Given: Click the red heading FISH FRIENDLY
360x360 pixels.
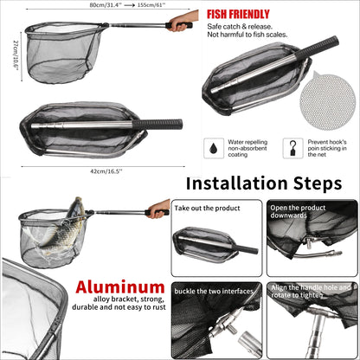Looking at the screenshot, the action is point(238,14).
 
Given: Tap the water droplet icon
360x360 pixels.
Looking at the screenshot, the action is point(214,148).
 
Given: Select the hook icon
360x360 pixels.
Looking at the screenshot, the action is point(292,148).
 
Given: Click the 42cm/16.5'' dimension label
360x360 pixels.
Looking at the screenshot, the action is point(106,171).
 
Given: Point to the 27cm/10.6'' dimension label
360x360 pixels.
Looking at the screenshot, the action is point(16,54).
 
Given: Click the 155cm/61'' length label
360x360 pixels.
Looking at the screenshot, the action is point(151,5).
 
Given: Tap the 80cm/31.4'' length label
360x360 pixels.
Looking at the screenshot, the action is point(106,5).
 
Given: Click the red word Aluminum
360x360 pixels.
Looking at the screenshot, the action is point(120,287).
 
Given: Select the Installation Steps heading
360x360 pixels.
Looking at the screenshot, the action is point(264,183).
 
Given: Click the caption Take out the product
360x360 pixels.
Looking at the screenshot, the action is point(207,208).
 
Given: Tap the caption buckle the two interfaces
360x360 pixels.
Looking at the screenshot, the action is point(214,291).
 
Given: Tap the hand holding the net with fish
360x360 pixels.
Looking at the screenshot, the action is point(159,209).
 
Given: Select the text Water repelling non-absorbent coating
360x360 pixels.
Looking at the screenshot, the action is point(247,148).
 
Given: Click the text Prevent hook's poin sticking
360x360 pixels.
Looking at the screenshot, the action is point(327,148).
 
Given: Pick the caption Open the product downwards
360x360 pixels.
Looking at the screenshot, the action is point(298,211).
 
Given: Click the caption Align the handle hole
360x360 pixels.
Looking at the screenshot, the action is point(311,292).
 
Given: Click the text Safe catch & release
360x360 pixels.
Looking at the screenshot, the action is point(240,27).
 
